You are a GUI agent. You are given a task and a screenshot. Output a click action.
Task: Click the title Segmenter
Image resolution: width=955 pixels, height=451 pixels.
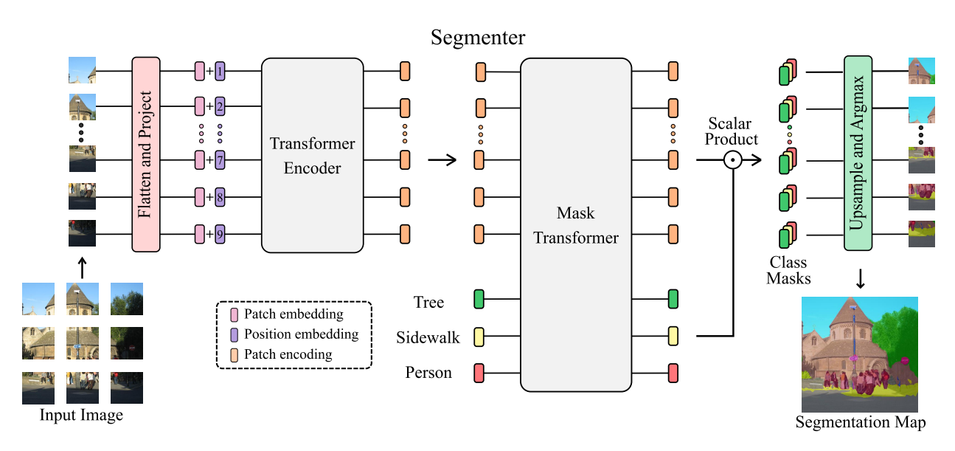pyautogui.click(x=478, y=38)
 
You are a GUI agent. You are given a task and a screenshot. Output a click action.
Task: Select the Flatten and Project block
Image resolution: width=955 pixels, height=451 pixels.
pyautogui.click(x=146, y=154)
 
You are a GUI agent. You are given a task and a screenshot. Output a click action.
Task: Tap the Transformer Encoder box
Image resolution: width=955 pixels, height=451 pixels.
pyautogui.click(x=313, y=156)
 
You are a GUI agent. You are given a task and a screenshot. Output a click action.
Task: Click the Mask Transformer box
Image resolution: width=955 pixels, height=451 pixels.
pyautogui.click(x=576, y=225)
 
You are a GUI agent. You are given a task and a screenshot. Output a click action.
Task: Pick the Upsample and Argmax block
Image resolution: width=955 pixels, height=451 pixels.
pyautogui.click(x=858, y=154)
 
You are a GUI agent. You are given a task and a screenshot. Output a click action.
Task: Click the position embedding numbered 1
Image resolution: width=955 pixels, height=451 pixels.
pyautogui.click(x=220, y=72)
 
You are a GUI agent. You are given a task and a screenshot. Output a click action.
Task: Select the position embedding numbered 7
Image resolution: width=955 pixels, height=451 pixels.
pyautogui.click(x=220, y=159)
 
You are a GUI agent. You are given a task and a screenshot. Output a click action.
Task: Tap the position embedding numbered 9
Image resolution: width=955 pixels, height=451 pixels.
pyautogui.click(x=220, y=235)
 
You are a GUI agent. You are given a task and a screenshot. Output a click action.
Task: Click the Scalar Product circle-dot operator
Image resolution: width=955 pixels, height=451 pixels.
pyautogui.click(x=732, y=159)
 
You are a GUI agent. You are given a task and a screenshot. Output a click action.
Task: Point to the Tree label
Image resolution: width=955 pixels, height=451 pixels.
pyautogui.click(x=428, y=302)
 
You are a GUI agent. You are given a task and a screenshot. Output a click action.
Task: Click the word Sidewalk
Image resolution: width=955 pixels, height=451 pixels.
pyautogui.click(x=428, y=337)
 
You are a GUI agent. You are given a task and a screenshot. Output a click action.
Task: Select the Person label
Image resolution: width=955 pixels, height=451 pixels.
pyautogui.click(x=428, y=373)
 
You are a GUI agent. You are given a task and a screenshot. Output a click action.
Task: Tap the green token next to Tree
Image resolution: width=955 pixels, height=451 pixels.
pyautogui.click(x=479, y=300)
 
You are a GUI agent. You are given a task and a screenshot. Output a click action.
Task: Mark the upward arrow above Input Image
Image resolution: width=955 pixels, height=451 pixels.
pyautogui.click(x=82, y=267)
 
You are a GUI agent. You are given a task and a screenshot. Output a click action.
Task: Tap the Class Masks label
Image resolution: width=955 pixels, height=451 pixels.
pyautogui.click(x=788, y=270)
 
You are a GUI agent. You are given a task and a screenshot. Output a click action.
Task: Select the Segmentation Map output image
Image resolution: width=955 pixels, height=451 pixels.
pyautogui.click(x=860, y=354)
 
